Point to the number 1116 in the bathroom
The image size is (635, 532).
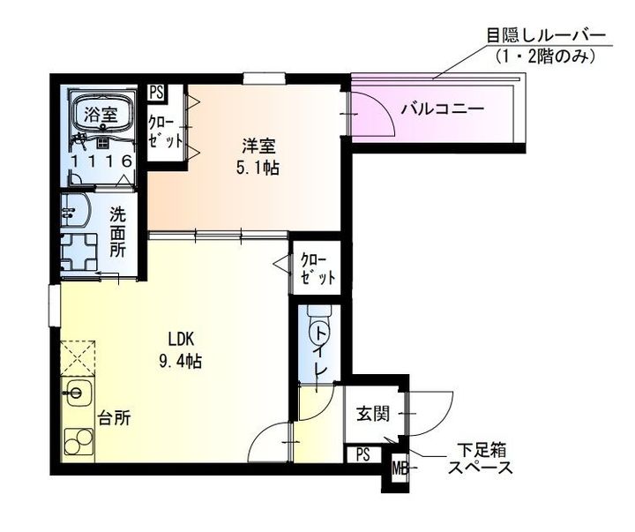point(103,161)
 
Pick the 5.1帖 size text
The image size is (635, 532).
point(258,168)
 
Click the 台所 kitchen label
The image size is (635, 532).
point(115,417)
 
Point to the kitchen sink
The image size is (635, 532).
point(75,391)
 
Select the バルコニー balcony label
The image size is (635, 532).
point(442,110)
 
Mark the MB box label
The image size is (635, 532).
point(400,468)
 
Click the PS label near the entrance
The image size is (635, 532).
point(363,454)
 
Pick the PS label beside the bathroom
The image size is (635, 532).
point(156,91)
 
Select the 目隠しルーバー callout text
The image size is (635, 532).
point(546,36)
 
